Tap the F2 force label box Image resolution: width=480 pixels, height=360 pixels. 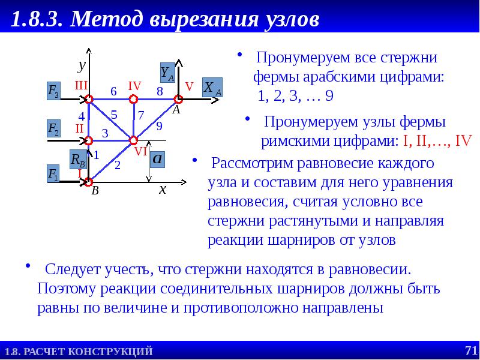pos(53,129)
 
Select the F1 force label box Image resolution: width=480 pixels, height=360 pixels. pos(53,174)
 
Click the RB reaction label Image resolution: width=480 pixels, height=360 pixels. pos(77,159)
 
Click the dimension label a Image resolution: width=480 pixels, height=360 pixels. pos(158,159)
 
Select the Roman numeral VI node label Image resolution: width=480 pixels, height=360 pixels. pos(141,152)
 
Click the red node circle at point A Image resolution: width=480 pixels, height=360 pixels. pos(178,99)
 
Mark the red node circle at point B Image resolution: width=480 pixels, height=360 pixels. pos(89,181)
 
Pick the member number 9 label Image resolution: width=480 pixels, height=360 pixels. pos(159,126)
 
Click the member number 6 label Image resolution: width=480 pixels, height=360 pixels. pos(113,91)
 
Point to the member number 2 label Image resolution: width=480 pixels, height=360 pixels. pos(118,165)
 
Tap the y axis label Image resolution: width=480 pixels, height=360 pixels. pos(82,64)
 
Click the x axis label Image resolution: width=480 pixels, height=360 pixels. pos(162,190)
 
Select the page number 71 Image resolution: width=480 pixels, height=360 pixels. pos(470,350)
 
